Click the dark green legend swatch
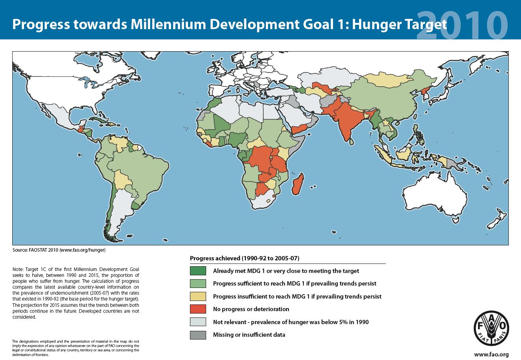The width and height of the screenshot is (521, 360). pos(198,271)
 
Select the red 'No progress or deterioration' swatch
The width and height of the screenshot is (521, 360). pos(198,309)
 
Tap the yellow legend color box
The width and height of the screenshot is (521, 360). pos(198,296)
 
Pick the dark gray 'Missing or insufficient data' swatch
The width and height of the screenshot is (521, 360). pos(198,335)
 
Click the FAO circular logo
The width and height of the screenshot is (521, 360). pos(491,327)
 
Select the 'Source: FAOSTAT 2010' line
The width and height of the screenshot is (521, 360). pos(59,250)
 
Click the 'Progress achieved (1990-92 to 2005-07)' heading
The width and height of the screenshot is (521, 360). pos(245,258)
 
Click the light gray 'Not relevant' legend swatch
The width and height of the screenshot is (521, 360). pos(198,322)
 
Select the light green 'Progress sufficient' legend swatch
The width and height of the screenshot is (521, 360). pos(198,284)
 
